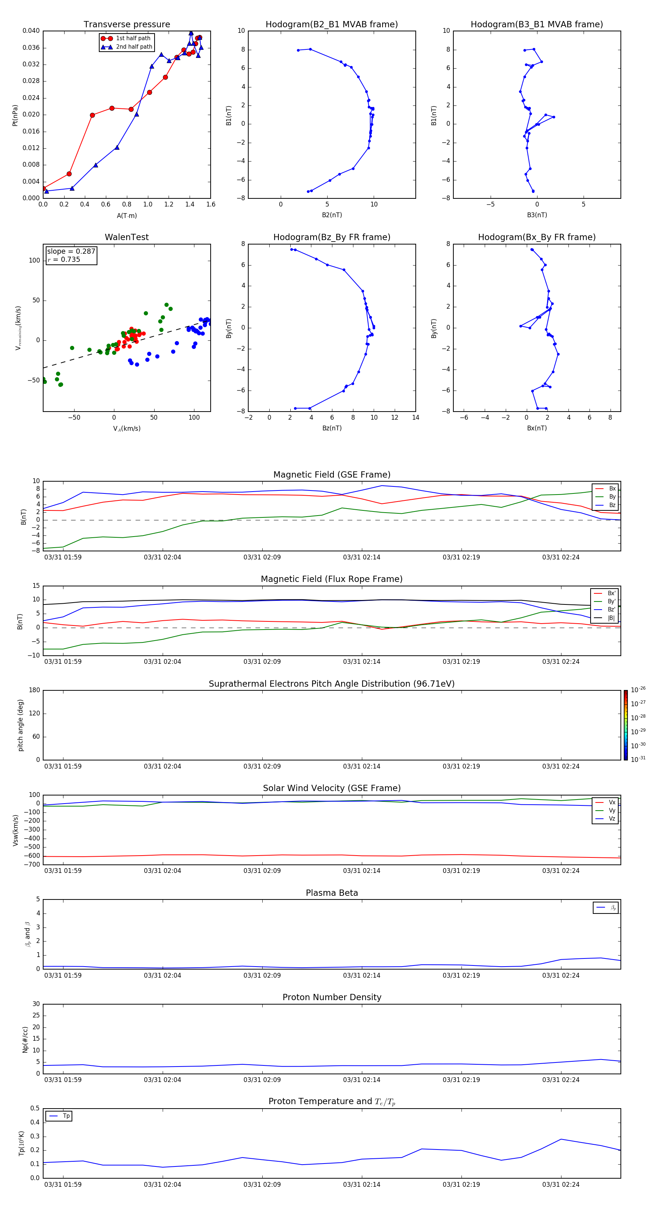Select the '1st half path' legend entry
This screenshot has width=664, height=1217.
click(x=133, y=38)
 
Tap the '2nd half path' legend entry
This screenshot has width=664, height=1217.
click(x=134, y=47)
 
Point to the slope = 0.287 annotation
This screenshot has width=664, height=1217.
click(x=71, y=252)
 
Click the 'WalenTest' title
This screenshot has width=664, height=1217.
click(x=127, y=237)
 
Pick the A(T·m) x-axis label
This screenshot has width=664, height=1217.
click(x=127, y=216)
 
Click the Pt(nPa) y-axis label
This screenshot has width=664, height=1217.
click(x=15, y=115)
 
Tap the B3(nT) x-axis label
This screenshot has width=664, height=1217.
click(x=537, y=215)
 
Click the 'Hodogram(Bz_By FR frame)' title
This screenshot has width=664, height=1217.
click(x=331, y=237)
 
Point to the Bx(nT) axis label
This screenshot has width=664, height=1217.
click(x=537, y=428)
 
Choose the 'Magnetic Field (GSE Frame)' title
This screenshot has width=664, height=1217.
click(x=331, y=475)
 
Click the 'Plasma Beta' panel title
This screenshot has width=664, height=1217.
click(x=331, y=893)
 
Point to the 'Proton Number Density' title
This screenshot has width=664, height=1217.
click(x=331, y=997)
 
